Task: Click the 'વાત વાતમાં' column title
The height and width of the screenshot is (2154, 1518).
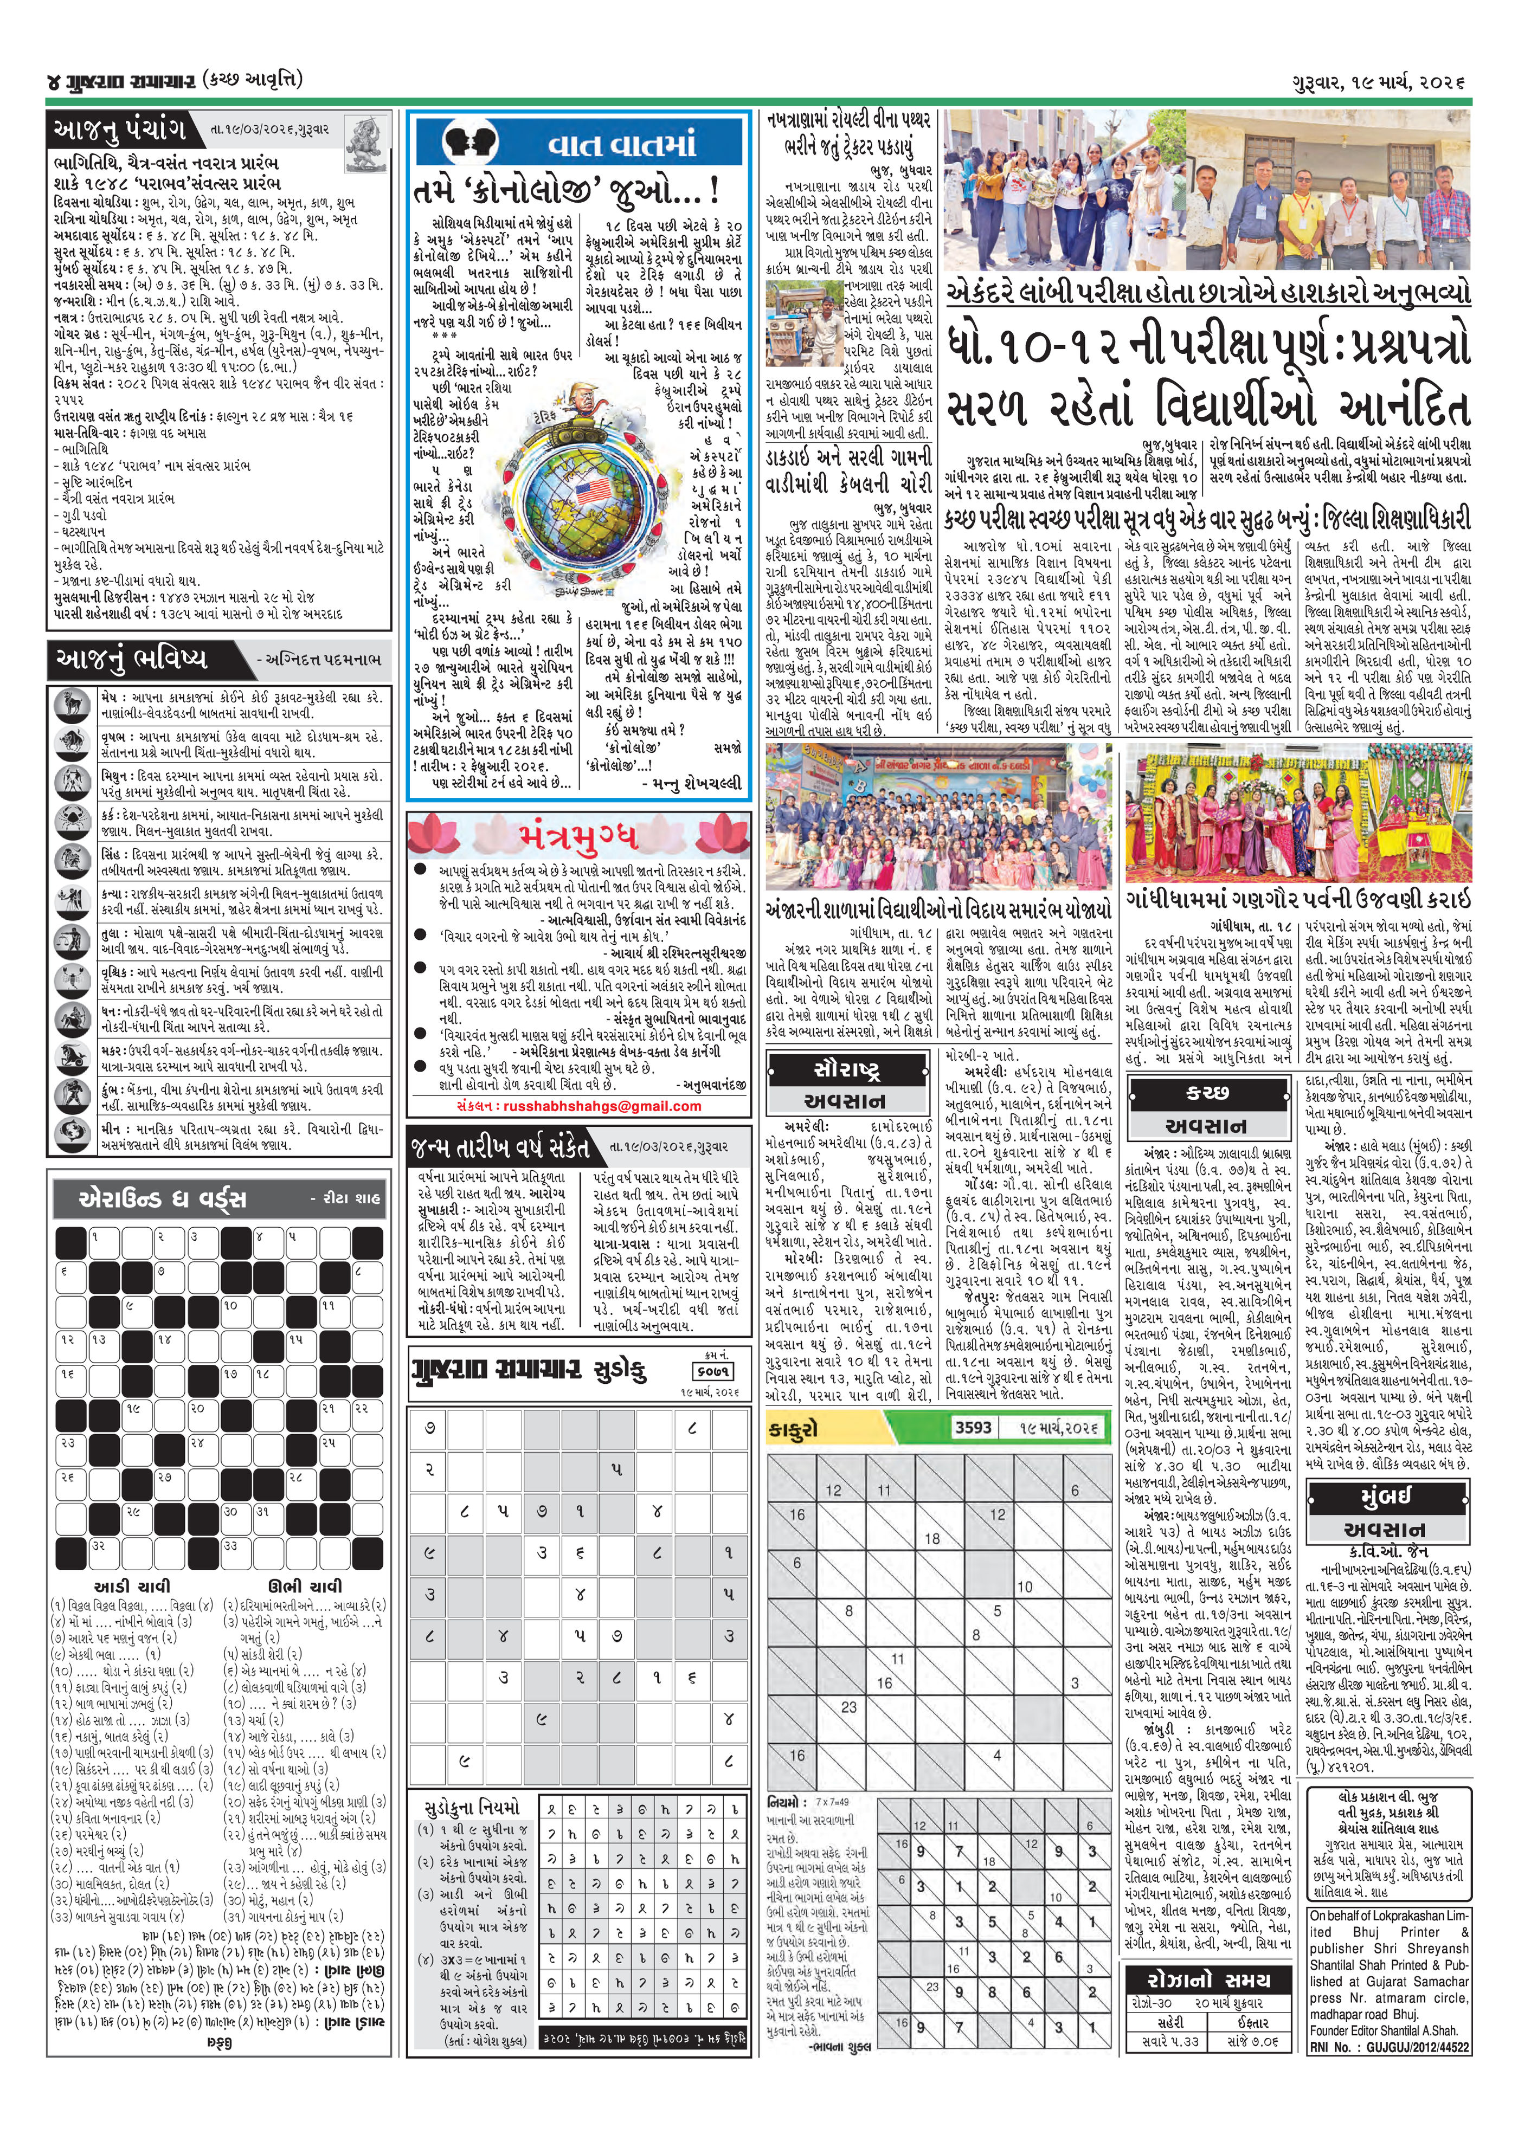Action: (x=621, y=144)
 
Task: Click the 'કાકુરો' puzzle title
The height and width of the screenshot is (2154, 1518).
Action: (x=794, y=1429)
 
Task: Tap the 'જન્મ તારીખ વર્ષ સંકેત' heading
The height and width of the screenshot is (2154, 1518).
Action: (x=500, y=1146)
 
